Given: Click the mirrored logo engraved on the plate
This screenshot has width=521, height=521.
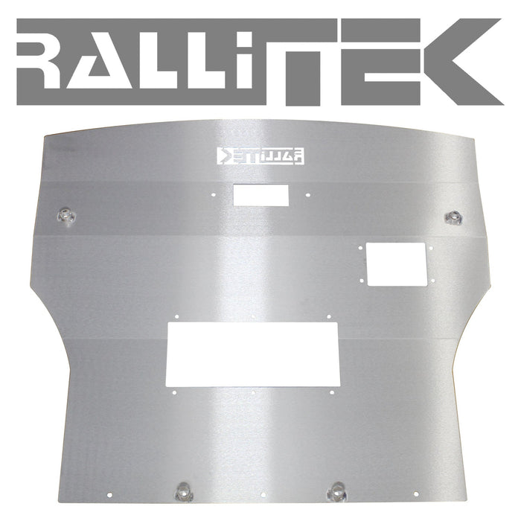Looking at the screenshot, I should click(x=260, y=156).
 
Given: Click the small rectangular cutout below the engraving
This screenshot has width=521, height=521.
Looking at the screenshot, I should click(x=260, y=195).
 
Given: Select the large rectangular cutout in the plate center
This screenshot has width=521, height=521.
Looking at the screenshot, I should click(x=253, y=355).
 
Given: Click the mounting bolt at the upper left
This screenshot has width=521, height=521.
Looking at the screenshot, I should click(x=67, y=216).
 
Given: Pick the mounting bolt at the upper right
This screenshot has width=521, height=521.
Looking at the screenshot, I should click(x=453, y=217).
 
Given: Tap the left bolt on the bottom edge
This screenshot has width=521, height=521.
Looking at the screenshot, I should click(x=182, y=492).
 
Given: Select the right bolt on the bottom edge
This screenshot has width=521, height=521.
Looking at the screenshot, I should click(x=337, y=490).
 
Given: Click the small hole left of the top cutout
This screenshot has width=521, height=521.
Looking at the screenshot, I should click(x=214, y=196).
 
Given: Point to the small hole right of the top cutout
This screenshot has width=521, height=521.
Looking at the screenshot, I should click(x=307, y=196).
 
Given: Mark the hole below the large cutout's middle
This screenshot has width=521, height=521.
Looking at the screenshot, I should click(x=253, y=392).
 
